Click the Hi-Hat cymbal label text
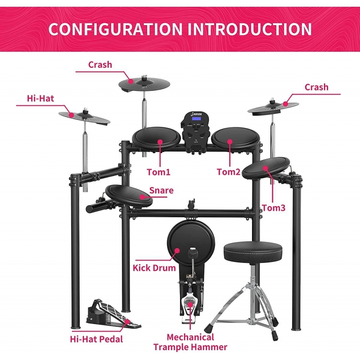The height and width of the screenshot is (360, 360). (40, 98)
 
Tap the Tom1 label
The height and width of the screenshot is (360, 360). (159, 172)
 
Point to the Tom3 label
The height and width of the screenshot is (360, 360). (273, 208)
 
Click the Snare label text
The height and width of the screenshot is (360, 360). (161, 190)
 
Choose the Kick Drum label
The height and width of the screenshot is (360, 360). (154, 268)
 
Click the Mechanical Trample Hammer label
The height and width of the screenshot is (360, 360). (190, 342)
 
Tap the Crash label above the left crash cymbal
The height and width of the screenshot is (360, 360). (100, 65)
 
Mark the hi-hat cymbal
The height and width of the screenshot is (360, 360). (85, 116)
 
